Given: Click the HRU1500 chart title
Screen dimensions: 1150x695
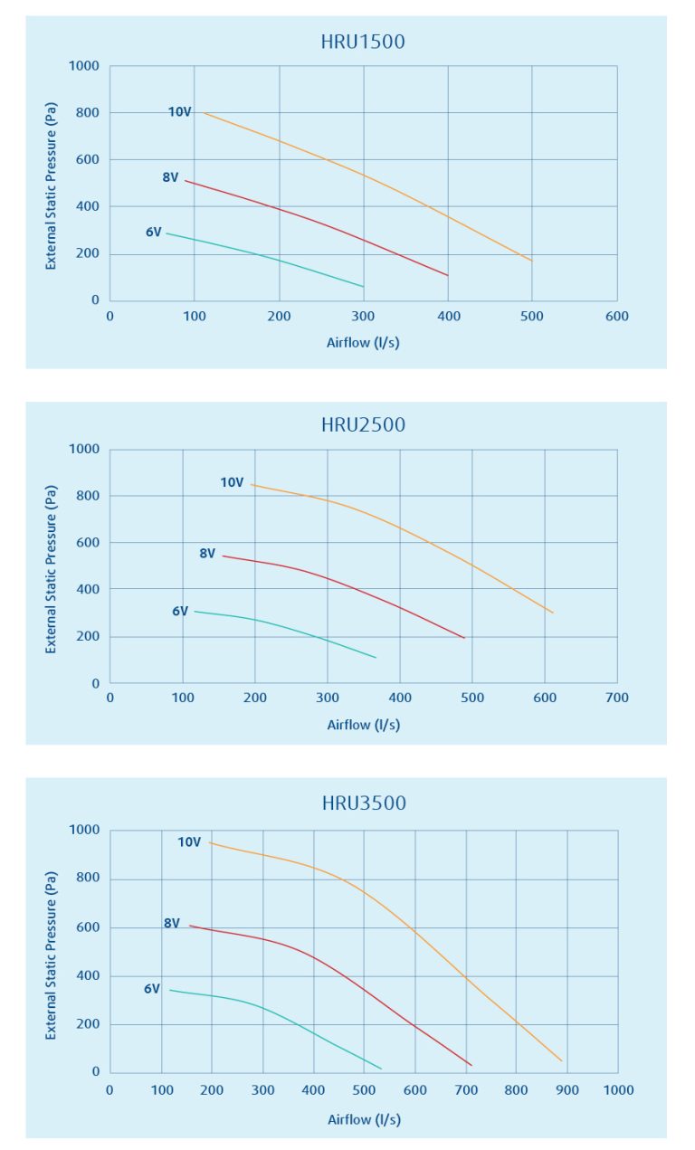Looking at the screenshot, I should (x=363, y=42).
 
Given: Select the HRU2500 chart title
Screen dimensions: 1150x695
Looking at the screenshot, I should (x=363, y=424).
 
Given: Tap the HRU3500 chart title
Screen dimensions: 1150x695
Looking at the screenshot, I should (x=364, y=803).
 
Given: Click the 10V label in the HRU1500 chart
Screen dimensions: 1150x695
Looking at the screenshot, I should (x=179, y=112).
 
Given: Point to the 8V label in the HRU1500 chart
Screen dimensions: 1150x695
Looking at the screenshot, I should (x=170, y=177).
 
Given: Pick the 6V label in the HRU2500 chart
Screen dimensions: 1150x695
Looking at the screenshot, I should (x=180, y=612).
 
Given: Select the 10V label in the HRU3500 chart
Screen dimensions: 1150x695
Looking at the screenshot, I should (x=189, y=842).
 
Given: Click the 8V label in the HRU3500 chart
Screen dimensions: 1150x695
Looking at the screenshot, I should (x=172, y=924).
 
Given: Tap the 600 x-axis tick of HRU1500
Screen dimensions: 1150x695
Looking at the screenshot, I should (x=617, y=317).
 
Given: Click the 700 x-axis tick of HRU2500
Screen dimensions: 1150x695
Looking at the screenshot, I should (x=617, y=699).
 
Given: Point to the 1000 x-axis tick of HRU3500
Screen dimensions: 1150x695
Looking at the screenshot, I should (x=618, y=1090).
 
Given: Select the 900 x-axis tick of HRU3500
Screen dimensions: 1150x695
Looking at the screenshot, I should (x=567, y=1090).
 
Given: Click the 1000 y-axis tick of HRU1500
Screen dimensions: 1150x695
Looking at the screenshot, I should (x=87, y=66).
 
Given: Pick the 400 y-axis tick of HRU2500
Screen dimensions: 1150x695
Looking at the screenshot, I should (x=90, y=589).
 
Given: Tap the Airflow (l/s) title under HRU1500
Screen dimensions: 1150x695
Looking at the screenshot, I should (x=363, y=343).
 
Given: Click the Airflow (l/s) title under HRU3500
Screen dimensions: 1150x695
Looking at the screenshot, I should (x=364, y=1119).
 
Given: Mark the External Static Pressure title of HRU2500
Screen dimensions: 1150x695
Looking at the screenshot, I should (x=51, y=568).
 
